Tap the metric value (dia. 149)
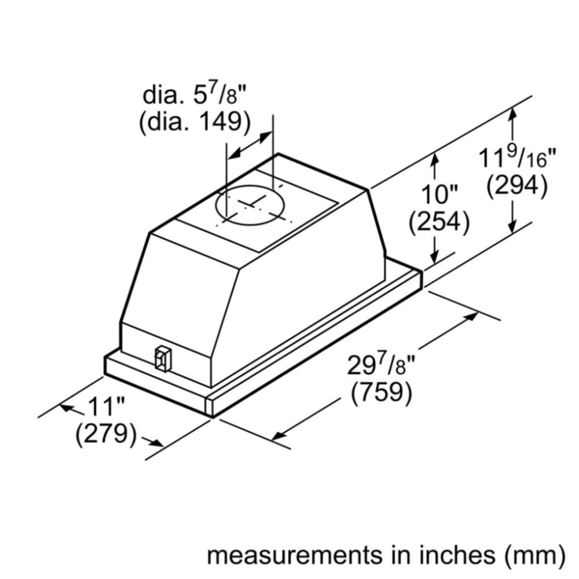click(195, 123)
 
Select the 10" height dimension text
click(439, 194)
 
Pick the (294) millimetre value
click(517, 186)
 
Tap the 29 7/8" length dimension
click(382, 366)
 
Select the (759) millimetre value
click(382, 394)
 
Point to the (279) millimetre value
click(106, 435)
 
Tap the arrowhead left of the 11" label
click(67, 408)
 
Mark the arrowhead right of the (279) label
click(155, 443)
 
